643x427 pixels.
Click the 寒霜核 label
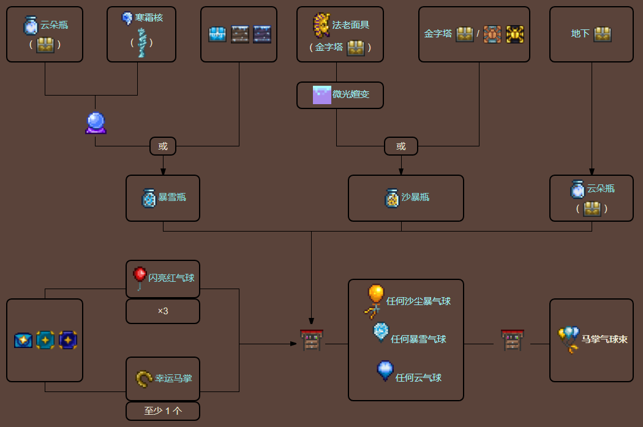pyautogui.click(x=149, y=18)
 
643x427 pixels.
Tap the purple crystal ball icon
pyautogui.click(x=96, y=123)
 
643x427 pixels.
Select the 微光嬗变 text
pyautogui.click(x=351, y=95)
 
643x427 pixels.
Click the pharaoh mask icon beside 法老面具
pyautogui.click(x=321, y=25)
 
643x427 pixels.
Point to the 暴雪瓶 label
pyautogui.click(x=172, y=197)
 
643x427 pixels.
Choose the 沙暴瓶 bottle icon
pyautogui.click(x=392, y=197)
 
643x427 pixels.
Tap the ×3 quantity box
pyautogui.click(x=163, y=311)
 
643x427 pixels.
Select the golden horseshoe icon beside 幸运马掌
pyautogui.click(x=144, y=379)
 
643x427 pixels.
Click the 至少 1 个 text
pyautogui.click(x=163, y=411)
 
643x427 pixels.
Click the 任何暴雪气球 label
pyautogui.click(x=418, y=339)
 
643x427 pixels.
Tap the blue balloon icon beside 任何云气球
pyautogui.click(x=385, y=371)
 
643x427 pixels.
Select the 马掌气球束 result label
pyautogui.click(x=604, y=339)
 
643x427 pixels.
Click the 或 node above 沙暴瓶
pyautogui.click(x=401, y=146)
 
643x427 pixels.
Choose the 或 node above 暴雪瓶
pyautogui.click(x=163, y=146)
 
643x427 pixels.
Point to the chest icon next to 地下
pyautogui.click(x=603, y=34)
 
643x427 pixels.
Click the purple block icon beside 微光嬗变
pyautogui.click(x=322, y=95)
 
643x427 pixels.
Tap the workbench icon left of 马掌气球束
pyautogui.click(x=512, y=340)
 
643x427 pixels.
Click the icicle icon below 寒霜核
pyautogui.click(x=142, y=42)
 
